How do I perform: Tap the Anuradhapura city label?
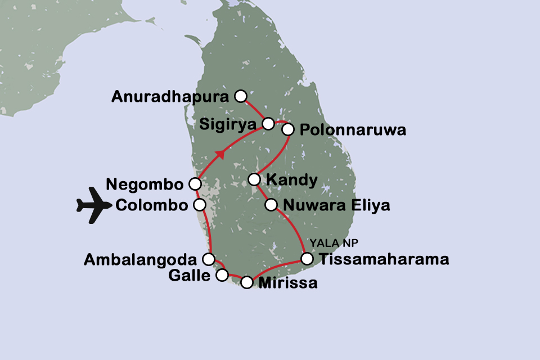tap(170, 97)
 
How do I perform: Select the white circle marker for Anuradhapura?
tap(241, 96)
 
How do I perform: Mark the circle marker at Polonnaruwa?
tap(288, 129)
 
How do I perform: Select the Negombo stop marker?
tap(195, 183)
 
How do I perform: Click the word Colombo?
tap(151, 205)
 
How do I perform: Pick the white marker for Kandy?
tap(254, 179)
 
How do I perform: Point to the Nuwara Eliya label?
tap(336, 205)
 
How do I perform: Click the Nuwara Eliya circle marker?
tap(272, 204)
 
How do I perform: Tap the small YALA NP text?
tap(334, 243)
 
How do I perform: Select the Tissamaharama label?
tap(384, 259)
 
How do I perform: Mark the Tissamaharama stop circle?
tap(307, 259)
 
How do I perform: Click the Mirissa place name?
tap(287, 283)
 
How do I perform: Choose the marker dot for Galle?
tap(222, 275)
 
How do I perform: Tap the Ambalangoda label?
tap(140, 260)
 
